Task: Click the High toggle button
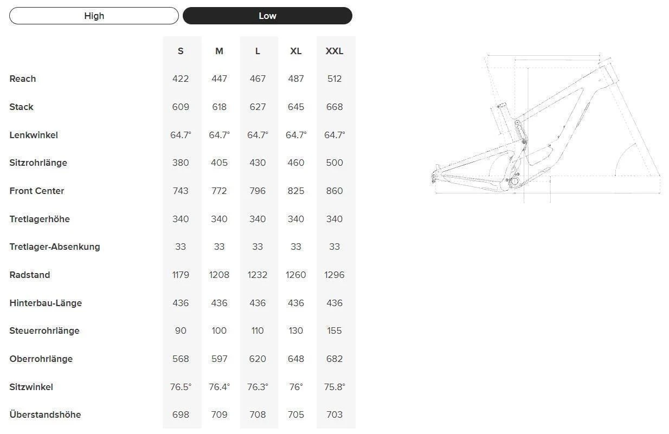[x=94, y=16]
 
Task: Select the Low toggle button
[x=267, y=16]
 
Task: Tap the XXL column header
[x=334, y=51]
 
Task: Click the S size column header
[x=181, y=51]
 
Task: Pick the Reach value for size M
[x=219, y=79]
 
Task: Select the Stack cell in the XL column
[x=296, y=107]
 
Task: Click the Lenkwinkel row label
[x=34, y=135]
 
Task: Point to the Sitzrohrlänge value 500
[x=334, y=163]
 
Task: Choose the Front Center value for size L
[x=258, y=191]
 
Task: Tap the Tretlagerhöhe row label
[x=40, y=219]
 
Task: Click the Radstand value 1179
[x=181, y=275]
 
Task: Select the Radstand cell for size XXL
[x=334, y=275]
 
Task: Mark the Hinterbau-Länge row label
[x=46, y=303]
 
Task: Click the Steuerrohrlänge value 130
[x=296, y=331]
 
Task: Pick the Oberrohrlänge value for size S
[x=181, y=359]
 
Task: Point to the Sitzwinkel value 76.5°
[x=181, y=387]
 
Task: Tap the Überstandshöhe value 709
[x=219, y=414]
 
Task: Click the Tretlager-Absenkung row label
[x=55, y=247]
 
